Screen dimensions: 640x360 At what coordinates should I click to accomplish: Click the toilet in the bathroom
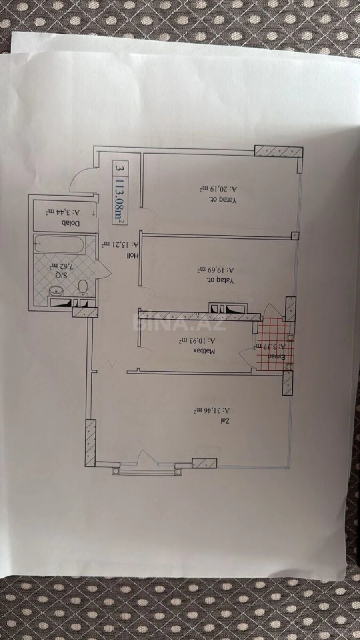[83, 287]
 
